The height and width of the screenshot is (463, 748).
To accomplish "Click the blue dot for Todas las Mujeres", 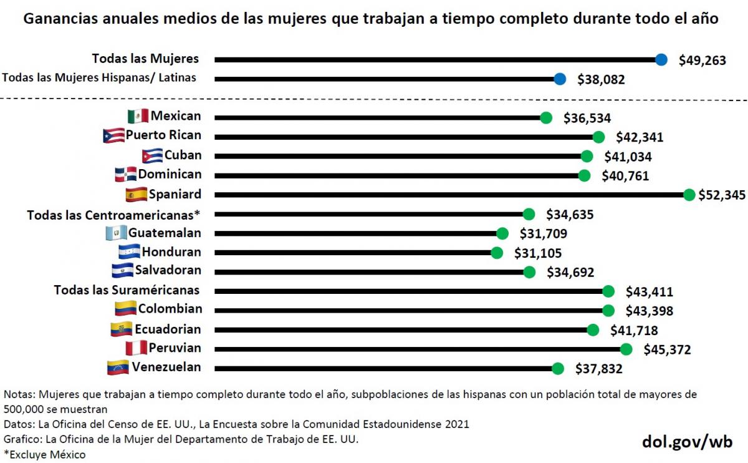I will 661,59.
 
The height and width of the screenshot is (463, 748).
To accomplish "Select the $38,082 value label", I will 600,79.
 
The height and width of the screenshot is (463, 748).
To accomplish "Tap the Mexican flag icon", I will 137,116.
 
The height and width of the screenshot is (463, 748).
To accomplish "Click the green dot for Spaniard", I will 689,195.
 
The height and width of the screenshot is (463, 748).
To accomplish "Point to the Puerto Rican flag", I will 113,135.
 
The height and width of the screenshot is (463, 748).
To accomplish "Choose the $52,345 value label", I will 721,195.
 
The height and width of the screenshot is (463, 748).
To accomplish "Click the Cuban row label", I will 183,155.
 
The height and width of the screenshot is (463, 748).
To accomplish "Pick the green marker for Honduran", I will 497,253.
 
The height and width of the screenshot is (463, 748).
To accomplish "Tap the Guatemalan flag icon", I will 116,233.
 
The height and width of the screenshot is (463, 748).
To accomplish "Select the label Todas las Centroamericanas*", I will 113,215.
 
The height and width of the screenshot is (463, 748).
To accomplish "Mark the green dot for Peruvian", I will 626,349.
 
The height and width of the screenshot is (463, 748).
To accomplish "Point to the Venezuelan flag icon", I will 118,367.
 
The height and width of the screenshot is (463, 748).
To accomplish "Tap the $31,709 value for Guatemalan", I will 543,234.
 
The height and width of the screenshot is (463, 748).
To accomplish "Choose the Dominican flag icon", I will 125,174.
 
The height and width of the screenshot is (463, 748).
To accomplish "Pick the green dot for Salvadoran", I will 529,272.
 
